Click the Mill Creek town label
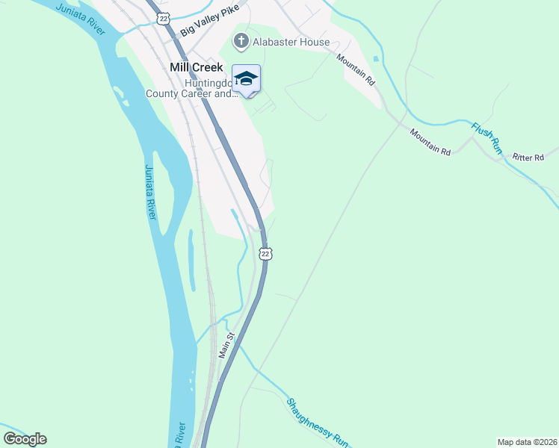click(x=197, y=66)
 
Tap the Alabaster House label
click(x=292, y=42)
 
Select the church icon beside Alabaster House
click(x=241, y=41)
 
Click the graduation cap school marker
click(x=247, y=79)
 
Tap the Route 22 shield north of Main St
click(x=265, y=254)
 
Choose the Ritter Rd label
click(x=528, y=158)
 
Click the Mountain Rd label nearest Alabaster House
click(x=353, y=69)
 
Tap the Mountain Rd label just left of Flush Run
click(x=430, y=142)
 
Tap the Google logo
click(x=25, y=438)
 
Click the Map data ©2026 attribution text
click(x=527, y=441)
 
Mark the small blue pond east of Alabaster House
click(x=375, y=58)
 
